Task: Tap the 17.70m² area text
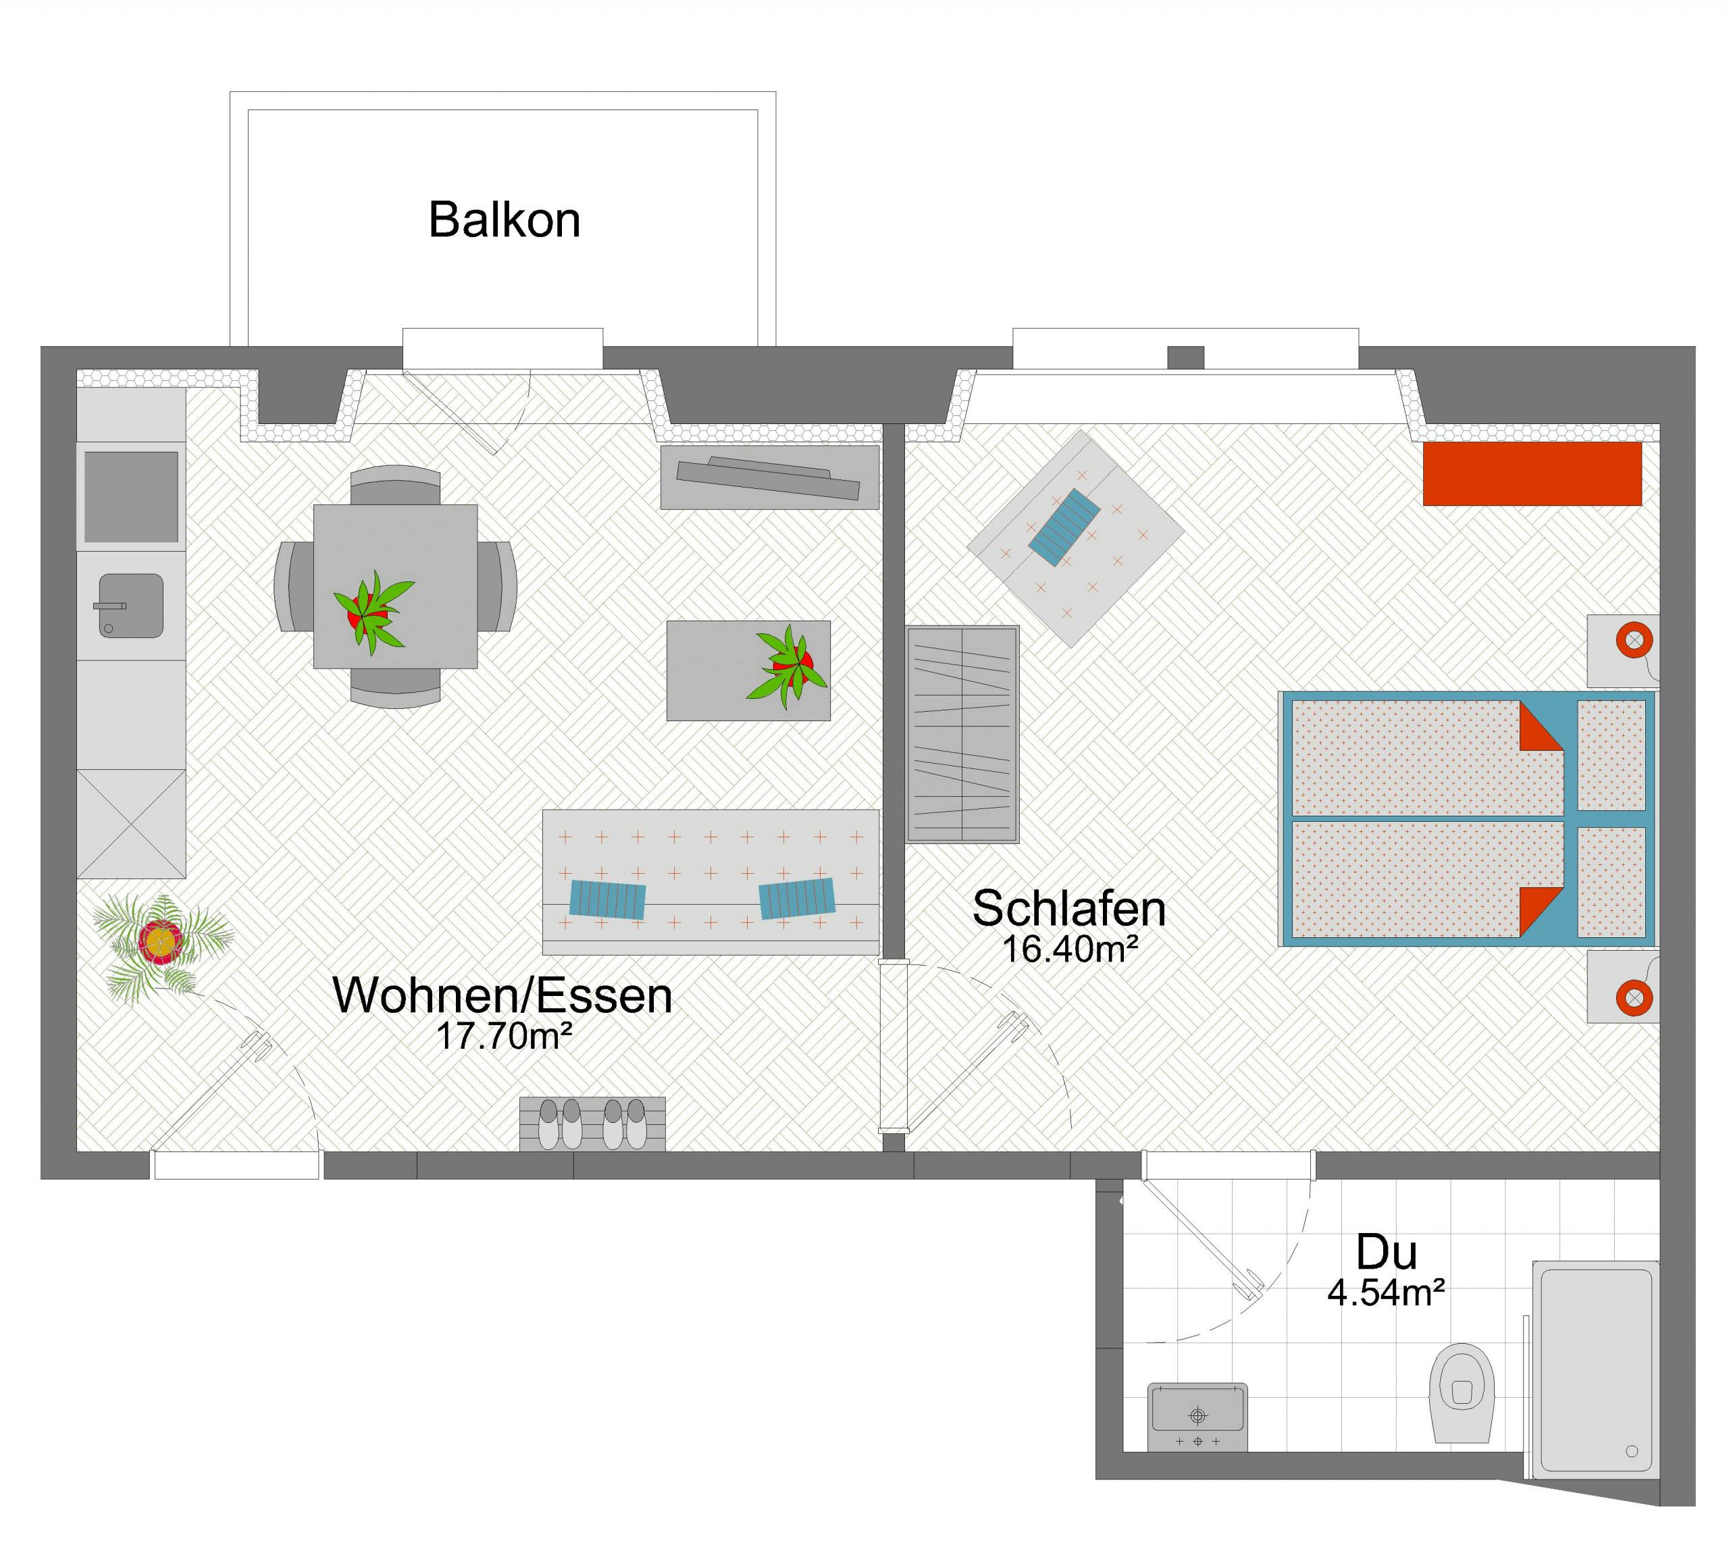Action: (x=504, y=1035)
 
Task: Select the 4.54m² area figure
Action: (x=1387, y=1293)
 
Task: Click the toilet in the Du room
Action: (x=1462, y=1392)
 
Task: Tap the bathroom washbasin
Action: (x=1197, y=1417)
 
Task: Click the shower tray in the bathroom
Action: (x=1595, y=1369)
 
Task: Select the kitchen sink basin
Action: (x=131, y=605)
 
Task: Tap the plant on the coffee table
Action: (x=787, y=666)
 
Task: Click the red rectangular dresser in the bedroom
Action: (x=1532, y=473)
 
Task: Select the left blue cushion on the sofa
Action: (x=607, y=899)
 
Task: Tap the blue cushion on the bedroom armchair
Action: (x=1064, y=527)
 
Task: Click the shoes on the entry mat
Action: (x=592, y=1123)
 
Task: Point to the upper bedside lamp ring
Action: (x=1634, y=639)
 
